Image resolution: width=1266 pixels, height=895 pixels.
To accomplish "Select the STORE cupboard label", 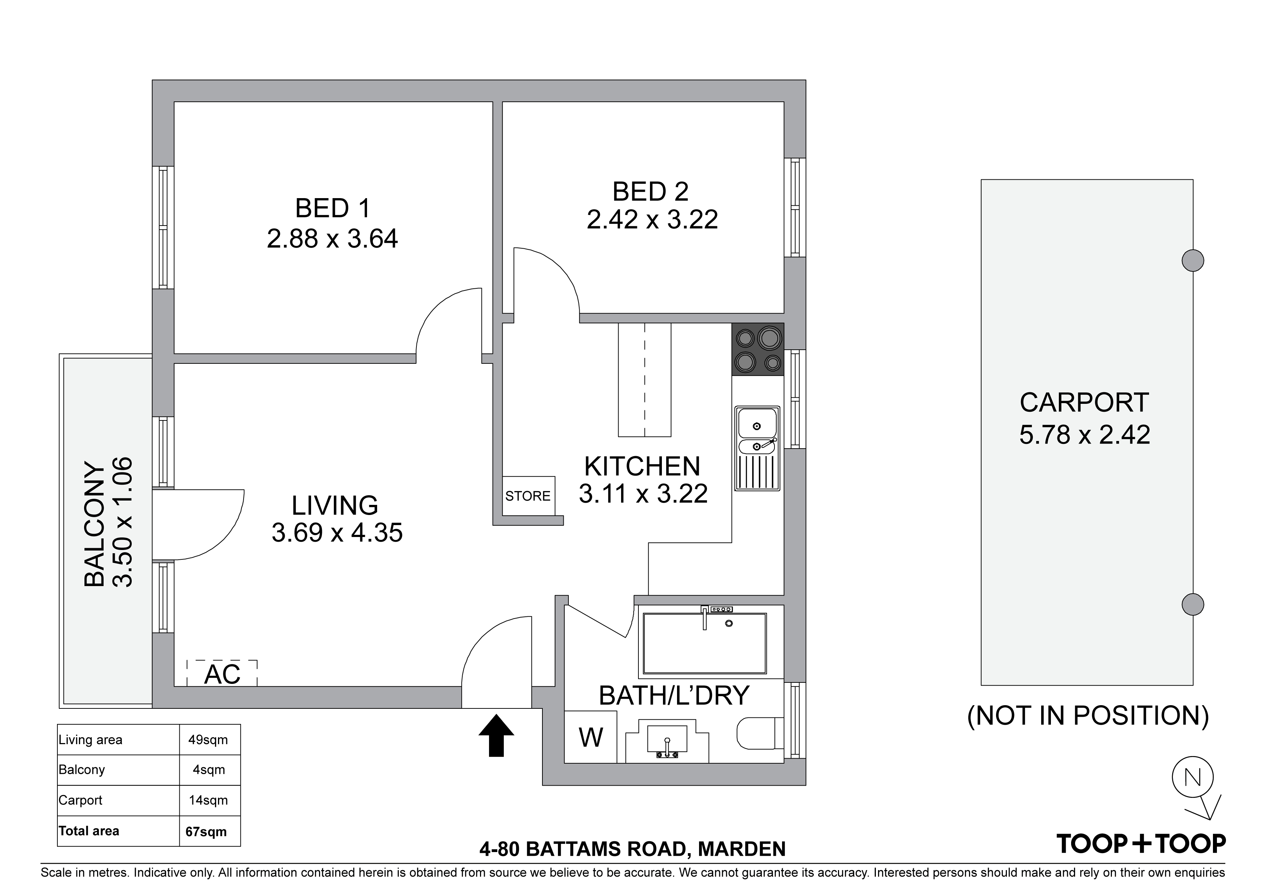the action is (528, 496).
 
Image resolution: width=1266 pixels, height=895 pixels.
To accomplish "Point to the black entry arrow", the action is (496, 735).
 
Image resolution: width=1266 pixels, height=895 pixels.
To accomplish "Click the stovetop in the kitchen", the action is (758, 349).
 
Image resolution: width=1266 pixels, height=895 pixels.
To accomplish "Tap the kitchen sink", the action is (757, 448).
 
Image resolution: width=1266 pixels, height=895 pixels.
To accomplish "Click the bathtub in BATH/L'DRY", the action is (705, 643).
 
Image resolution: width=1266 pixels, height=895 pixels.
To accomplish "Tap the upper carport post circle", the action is (1193, 260).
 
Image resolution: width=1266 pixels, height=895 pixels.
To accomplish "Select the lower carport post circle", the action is (1193, 604).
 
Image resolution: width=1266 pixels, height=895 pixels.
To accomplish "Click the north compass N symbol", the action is (1193, 777).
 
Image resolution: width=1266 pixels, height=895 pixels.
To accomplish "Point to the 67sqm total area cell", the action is (206, 831).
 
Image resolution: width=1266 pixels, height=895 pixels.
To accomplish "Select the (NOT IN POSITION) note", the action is (1088, 715).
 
